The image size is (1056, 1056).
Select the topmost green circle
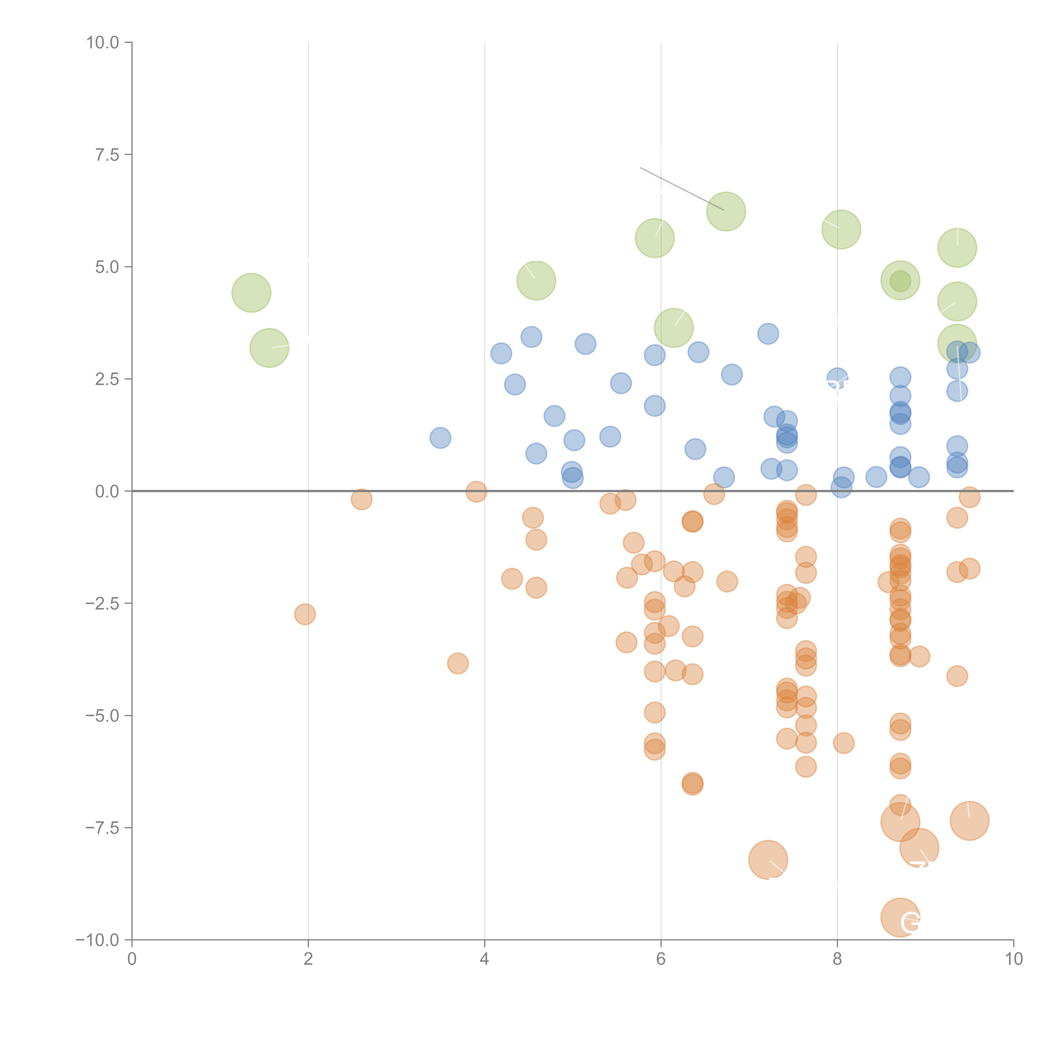pos(726,212)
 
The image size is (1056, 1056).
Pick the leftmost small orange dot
pos(305,614)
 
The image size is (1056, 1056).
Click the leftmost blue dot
pos(440,438)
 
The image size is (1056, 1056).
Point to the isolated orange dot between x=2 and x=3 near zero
pos(361,499)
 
